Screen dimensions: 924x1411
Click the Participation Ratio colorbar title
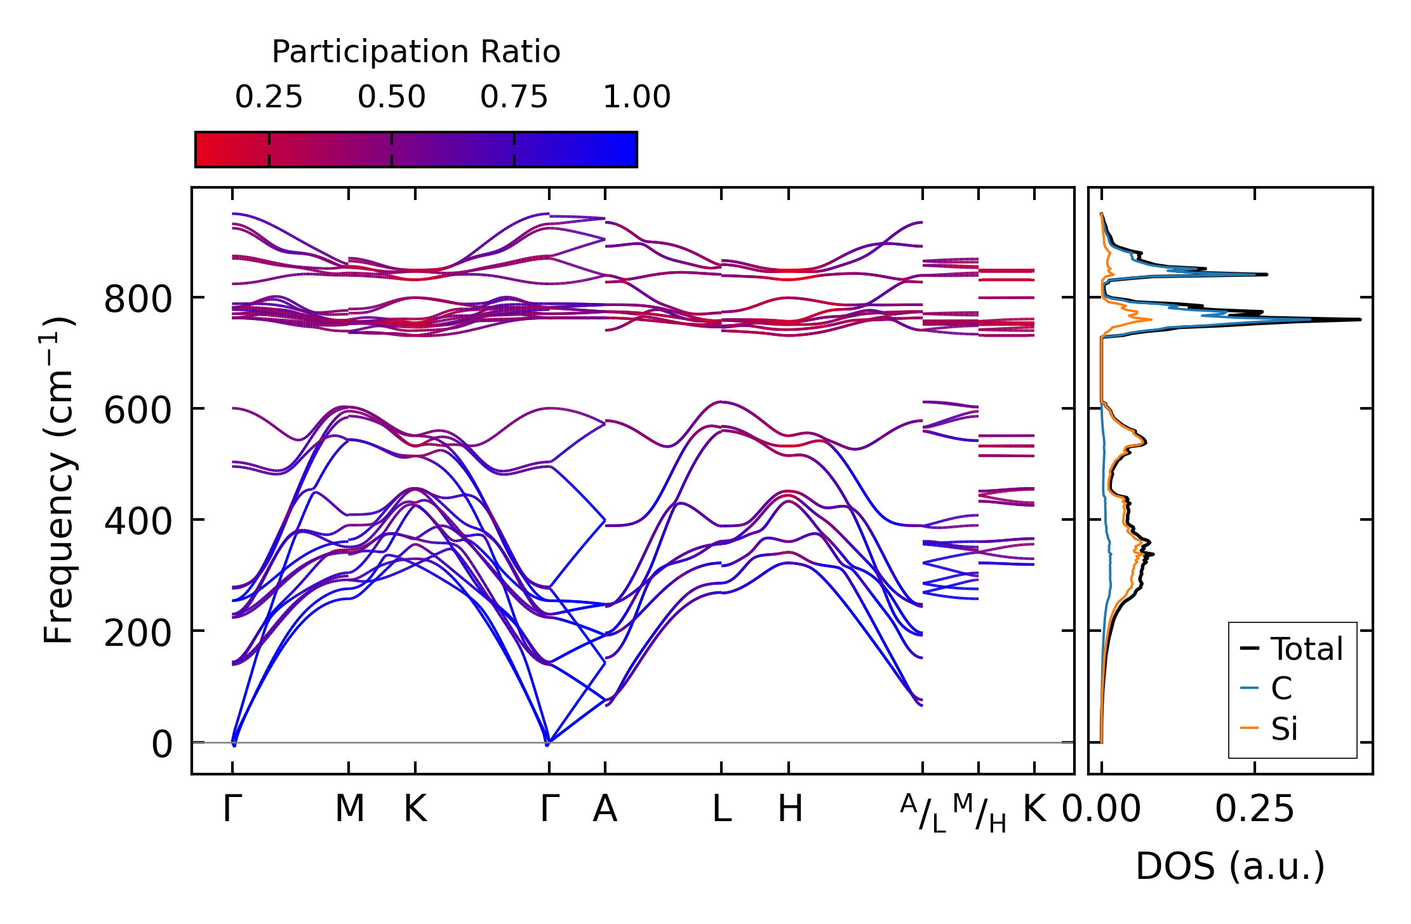(x=416, y=52)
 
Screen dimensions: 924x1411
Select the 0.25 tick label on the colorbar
(x=269, y=98)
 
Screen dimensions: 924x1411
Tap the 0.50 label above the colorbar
(x=391, y=98)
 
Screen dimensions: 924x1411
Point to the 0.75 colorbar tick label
(x=514, y=98)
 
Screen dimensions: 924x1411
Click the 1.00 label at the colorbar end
(x=636, y=98)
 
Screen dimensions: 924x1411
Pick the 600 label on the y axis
(x=138, y=411)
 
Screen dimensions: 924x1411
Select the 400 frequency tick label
(x=138, y=522)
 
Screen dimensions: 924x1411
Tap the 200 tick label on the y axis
(x=138, y=633)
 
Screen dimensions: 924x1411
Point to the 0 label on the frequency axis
(x=161, y=744)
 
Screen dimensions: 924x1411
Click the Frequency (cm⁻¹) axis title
(x=59, y=480)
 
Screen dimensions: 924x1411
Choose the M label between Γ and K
(x=349, y=809)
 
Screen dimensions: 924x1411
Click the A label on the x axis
(x=605, y=809)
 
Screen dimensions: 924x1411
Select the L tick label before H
(x=721, y=809)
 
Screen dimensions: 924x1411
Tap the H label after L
(x=790, y=809)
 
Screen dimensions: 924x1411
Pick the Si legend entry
(x=1283, y=729)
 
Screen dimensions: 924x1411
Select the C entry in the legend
(x=1281, y=688)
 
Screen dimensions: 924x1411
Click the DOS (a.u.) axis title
(x=1230, y=866)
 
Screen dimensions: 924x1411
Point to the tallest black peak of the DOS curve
(x=1359, y=319)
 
